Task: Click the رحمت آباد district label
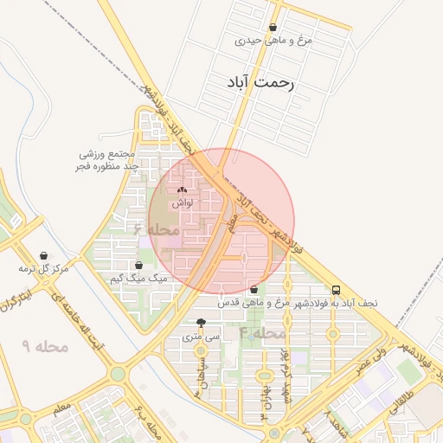coord(260,82)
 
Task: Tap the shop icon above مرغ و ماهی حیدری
coord(273,28)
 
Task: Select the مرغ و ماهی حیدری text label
coord(273,41)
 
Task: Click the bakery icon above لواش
coord(182,190)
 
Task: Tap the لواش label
coord(182,202)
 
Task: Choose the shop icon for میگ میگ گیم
coord(138,266)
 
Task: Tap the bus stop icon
coord(336,291)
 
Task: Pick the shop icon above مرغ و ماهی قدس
coord(254,290)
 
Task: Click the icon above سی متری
coord(202,322)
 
